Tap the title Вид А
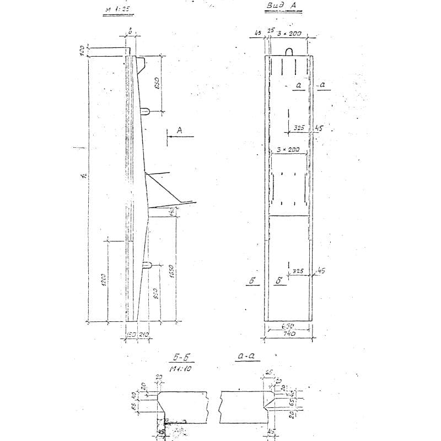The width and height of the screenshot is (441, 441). point(281,7)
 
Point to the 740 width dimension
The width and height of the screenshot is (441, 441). point(289,334)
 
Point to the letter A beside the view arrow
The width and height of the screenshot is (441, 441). point(179,130)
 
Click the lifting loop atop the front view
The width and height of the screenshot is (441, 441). point(289,52)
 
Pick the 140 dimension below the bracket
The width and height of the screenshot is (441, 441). point(172,211)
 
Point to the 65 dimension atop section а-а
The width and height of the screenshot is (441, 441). point(270,373)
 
